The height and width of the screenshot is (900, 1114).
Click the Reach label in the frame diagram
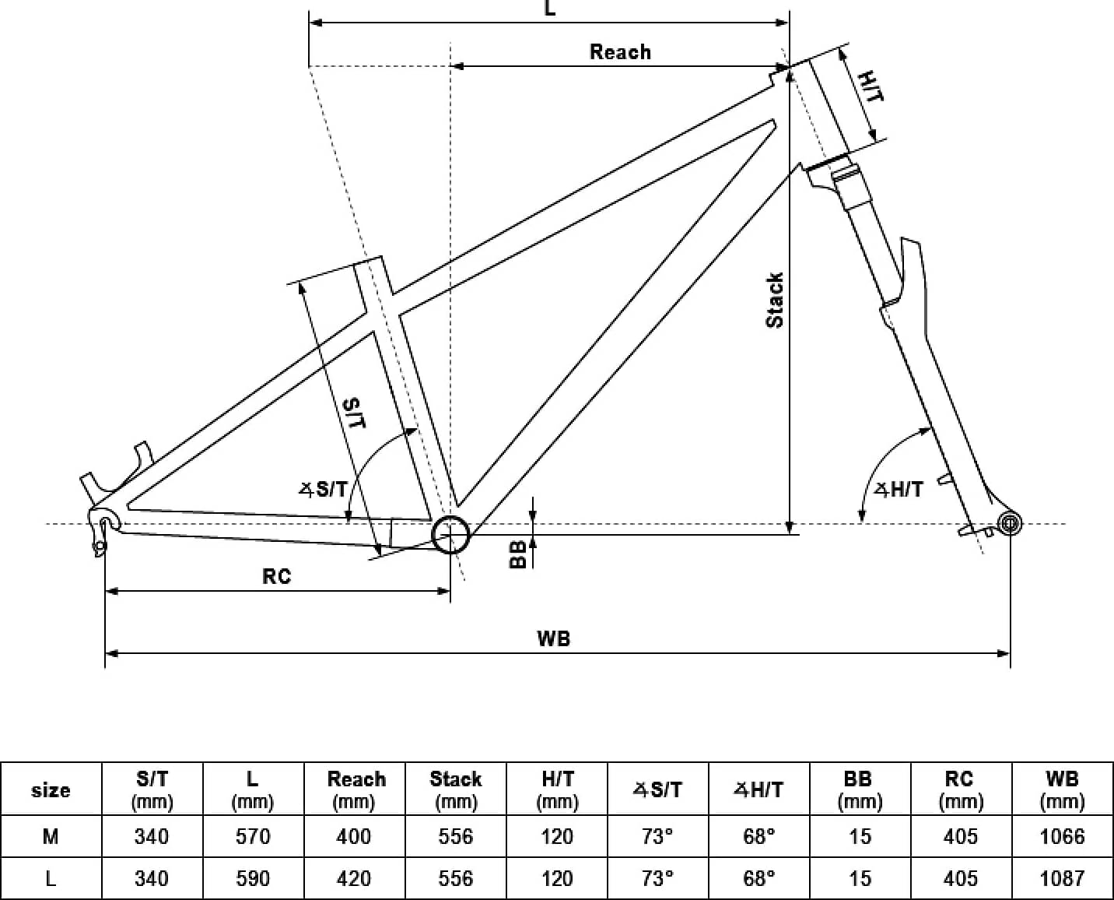[620, 52]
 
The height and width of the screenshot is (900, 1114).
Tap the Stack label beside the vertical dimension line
[775, 301]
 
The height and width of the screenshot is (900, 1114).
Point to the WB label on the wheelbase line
[553, 639]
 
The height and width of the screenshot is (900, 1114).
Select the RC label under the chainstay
[276, 577]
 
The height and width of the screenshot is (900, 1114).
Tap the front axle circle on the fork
[1010, 523]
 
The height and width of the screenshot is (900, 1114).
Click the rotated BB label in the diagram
[517, 554]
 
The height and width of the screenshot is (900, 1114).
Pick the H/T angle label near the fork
[899, 490]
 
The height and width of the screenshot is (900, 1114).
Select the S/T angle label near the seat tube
[323, 489]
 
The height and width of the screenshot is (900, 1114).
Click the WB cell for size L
[1062, 878]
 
